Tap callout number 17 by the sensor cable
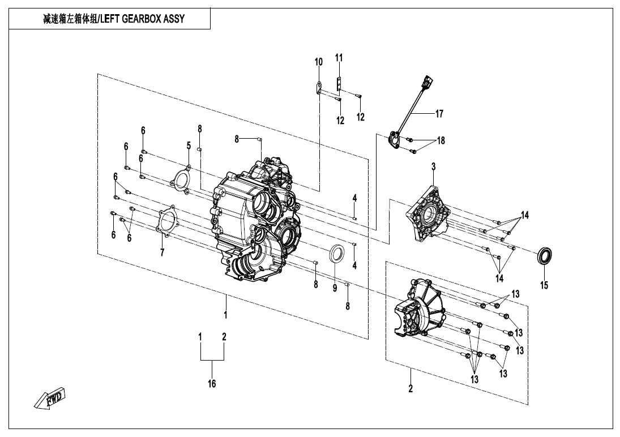pyautogui.click(x=439, y=114)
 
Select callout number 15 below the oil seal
pyautogui.click(x=544, y=285)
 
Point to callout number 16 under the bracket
pyautogui.click(x=211, y=384)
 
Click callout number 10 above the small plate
pyautogui.click(x=318, y=62)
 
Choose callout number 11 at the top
pyautogui.click(x=339, y=58)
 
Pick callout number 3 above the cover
pyautogui.click(x=433, y=167)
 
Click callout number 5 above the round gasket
pyautogui.click(x=189, y=146)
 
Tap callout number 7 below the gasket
pyautogui.click(x=162, y=252)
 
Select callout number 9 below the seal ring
pyautogui.click(x=335, y=288)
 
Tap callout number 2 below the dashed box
pyautogui.click(x=411, y=388)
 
